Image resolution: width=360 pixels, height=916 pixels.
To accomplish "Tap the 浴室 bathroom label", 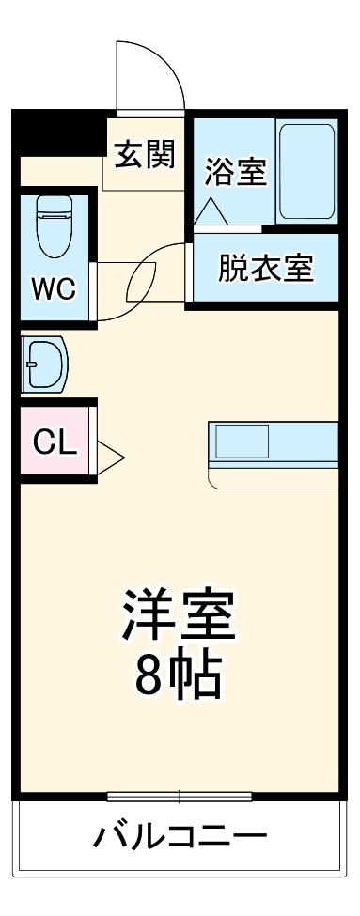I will (x=235, y=172).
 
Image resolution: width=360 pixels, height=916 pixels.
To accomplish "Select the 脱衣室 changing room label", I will (x=265, y=269).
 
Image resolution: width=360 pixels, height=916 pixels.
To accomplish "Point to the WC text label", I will (x=55, y=287).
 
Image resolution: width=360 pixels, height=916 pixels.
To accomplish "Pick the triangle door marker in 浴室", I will (x=210, y=210).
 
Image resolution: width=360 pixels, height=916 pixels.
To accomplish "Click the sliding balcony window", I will (x=179, y=797).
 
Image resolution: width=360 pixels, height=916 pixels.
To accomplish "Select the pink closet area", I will (x=55, y=441).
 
